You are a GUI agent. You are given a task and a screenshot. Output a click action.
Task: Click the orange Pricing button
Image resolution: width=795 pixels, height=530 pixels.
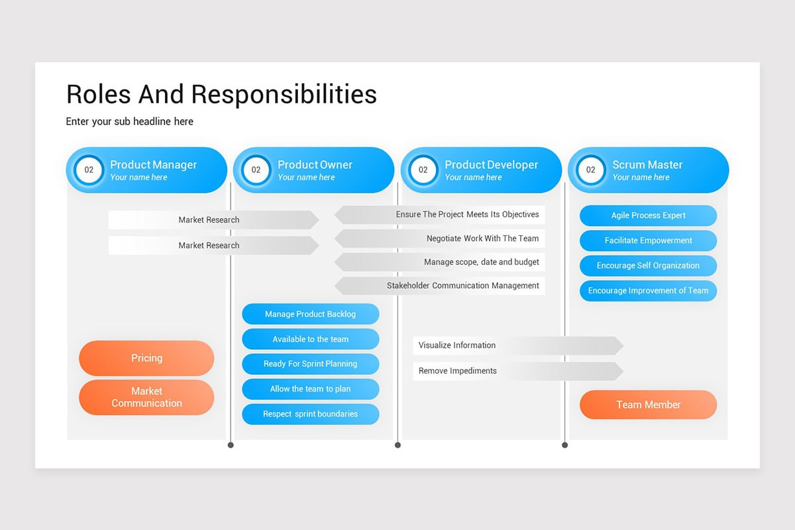tap(146, 358)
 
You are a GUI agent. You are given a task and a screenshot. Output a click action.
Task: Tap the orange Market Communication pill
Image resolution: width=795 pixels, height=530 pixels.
tap(146, 397)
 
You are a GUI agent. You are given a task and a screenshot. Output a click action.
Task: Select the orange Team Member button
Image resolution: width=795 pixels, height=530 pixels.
tap(648, 405)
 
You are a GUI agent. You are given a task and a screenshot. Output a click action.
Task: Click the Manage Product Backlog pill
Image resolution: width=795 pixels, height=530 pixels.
tap(310, 314)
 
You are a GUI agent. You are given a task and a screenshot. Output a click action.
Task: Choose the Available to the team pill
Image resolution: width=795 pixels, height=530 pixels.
tap(310, 339)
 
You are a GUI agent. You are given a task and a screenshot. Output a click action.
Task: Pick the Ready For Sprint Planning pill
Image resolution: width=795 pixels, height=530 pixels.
tap(310, 364)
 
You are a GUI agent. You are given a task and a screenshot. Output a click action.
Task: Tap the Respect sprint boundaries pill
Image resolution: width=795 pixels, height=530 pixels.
tap(310, 414)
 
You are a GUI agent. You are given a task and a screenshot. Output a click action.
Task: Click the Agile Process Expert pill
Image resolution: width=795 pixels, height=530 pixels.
tap(648, 215)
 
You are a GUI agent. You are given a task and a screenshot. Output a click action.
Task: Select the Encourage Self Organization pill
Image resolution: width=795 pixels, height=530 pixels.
tap(648, 266)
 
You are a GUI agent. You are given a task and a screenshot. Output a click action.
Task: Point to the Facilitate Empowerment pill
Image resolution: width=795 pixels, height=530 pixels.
tap(648, 240)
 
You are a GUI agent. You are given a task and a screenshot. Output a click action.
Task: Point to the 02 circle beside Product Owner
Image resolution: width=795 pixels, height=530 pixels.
tap(256, 170)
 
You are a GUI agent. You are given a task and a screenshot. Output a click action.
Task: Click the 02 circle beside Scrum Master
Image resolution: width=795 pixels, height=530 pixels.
tap(590, 170)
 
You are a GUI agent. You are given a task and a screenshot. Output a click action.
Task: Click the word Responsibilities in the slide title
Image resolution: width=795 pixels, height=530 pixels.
tap(284, 94)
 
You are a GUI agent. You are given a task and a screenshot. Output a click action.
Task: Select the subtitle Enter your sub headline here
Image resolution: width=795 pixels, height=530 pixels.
tap(129, 121)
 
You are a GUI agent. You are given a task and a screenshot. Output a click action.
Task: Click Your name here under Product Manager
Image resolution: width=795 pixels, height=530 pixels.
tap(138, 178)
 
